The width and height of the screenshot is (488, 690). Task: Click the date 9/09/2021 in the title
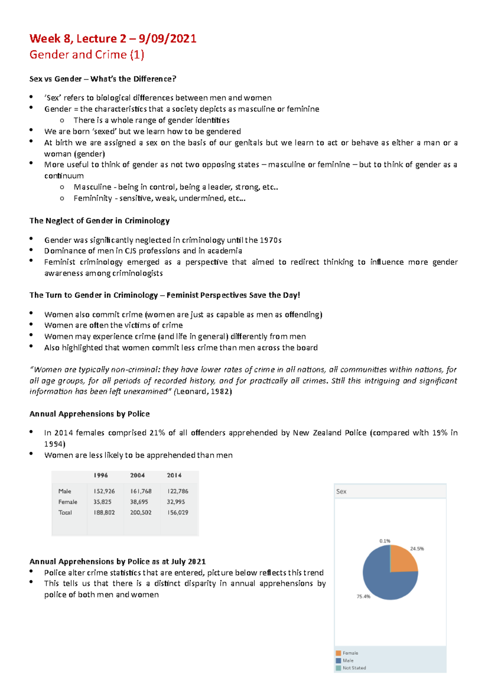pos(167,39)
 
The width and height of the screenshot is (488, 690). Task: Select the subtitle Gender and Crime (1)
pos(87,55)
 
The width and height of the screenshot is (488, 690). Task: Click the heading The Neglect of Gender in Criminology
pos(99,221)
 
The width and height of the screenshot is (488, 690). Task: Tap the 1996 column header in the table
pos(100,475)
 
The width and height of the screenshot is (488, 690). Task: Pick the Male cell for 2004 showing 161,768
pos(140,491)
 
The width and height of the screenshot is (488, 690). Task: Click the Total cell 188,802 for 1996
pos(104,512)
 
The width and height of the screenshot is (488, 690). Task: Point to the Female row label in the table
pos(68,502)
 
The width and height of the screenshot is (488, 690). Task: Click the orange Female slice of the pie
pos(403,559)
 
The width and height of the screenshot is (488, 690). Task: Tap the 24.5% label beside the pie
pos(417,549)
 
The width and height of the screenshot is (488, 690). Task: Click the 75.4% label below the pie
pos(363,596)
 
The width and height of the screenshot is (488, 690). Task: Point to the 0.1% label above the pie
pos(385,541)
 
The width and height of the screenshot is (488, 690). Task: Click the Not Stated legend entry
pos(354,668)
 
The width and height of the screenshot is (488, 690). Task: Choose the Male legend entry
pos(348,660)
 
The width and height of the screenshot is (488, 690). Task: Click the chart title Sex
pos(341,491)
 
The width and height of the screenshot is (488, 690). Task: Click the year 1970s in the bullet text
pos(270,240)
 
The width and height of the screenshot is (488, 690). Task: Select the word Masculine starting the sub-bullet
pos(92,187)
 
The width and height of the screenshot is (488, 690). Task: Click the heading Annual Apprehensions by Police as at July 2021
pos(118,562)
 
